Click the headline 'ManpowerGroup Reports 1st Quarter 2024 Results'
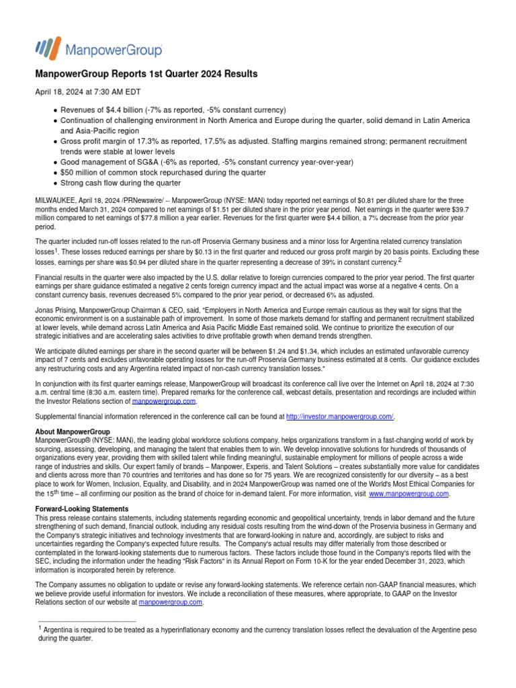(x=146, y=74)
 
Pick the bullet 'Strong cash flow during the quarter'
(x=120, y=183)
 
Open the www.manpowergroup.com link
(x=408, y=494)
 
